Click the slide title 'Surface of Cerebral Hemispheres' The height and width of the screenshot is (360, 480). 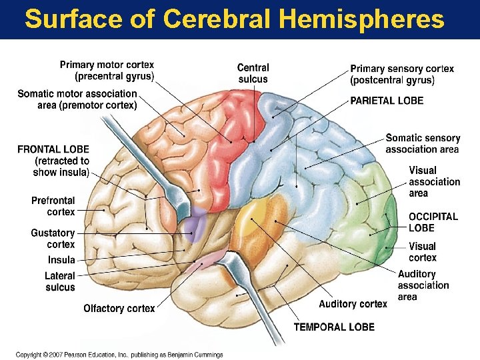(234, 19)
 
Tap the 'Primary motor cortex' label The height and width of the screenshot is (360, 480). (107, 71)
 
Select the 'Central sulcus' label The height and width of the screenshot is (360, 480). (253, 73)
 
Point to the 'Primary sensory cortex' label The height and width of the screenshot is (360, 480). (402, 74)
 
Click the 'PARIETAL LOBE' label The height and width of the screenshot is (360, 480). (387, 101)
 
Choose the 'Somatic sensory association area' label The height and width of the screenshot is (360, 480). (423, 144)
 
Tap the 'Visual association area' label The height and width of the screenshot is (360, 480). (434, 182)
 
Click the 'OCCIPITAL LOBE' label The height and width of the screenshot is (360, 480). (433, 222)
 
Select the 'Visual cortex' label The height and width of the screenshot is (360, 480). (423, 252)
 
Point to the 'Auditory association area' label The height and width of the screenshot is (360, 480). (423, 285)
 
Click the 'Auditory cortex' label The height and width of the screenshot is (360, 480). (353, 304)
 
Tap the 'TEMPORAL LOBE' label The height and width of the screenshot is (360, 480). (334, 327)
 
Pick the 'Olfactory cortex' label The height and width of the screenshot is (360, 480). (119, 309)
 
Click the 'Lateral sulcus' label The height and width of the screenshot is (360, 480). (60, 282)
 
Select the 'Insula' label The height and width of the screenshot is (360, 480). (61, 260)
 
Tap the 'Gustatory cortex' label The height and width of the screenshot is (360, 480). (53, 239)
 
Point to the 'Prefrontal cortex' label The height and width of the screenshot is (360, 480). (53, 206)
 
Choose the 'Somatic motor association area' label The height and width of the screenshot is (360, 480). (77, 99)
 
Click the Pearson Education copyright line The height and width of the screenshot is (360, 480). (120, 355)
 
